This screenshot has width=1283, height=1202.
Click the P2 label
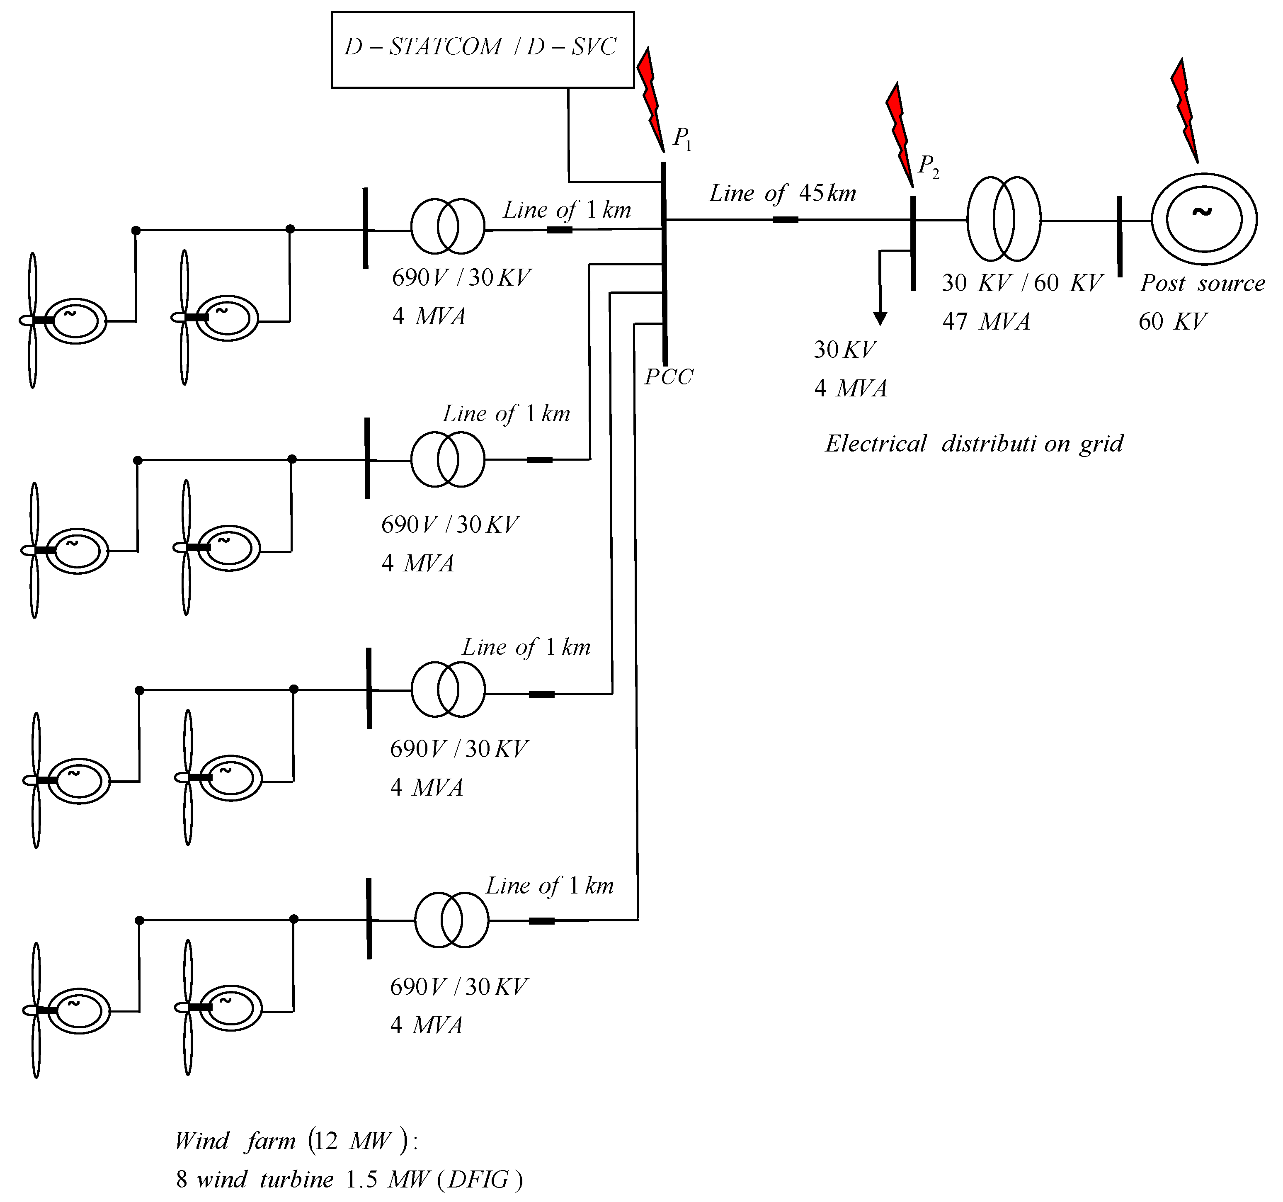tap(929, 167)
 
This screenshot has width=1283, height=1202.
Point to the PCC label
tap(669, 376)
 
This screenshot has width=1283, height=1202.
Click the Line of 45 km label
tap(782, 193)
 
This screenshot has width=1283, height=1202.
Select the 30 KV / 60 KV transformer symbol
tap(1004, 219)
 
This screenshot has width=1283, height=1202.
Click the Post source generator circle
tap(1204, 219)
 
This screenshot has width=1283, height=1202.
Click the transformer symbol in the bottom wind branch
tap(451, 920)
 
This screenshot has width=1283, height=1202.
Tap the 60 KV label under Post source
tap(1172, 321)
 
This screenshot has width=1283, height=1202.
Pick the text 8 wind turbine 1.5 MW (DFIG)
tap(349, 1180)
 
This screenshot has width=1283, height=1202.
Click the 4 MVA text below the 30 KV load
tap(851, 388)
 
